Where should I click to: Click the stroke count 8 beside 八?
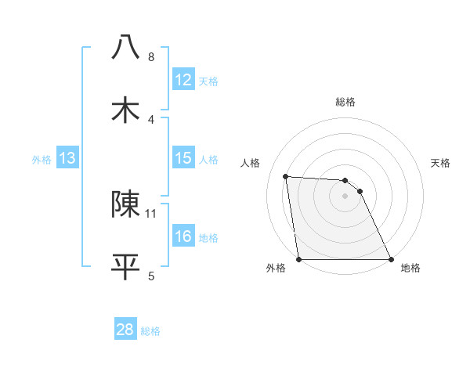click(x=151, y=57)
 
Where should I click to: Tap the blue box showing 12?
click(x=183, y=80)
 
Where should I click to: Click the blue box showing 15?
click(x=183, y=158)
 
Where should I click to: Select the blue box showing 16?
click(x=183, y=236)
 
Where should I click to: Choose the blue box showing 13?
click(x=67, y=158)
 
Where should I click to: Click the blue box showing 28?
click(x=125, y=330)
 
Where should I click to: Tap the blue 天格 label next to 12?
click(x=208, y=81)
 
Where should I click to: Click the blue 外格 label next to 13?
click(x=42, y=160)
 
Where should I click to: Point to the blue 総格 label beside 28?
click(x=151, y=331)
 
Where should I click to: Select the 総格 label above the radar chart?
click(x=345, y=102)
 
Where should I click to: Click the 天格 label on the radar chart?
click(x=441, y=163)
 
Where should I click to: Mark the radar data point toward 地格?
click(x=390, y=259)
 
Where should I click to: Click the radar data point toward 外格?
click(x=299, y=259)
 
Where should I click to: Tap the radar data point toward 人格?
click(x=286, y=176)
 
